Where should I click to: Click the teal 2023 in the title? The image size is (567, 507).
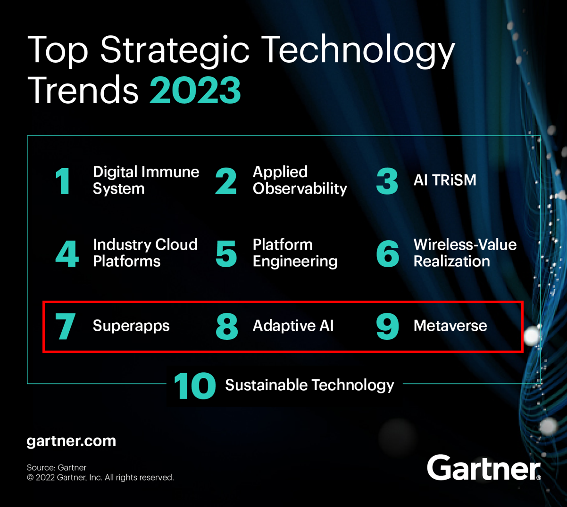(195, 90)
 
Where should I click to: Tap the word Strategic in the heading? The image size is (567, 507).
(175, 49)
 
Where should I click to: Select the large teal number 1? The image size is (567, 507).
(63, 181)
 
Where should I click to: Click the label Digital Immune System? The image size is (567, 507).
(145, 180)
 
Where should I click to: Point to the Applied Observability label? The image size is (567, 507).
(300, 180)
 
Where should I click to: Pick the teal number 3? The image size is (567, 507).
(387, 181)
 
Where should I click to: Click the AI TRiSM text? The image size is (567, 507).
(445, 180)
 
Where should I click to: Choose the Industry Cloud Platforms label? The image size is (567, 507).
(145, 253)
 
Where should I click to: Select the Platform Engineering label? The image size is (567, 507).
(295, 253)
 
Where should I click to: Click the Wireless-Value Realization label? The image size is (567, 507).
(465, 253)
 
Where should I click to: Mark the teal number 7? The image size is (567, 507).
(65, 326)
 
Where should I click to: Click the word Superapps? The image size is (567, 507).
(131, 326)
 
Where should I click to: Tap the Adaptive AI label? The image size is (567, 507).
(293, 326)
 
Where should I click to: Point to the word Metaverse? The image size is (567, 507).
(450, 326)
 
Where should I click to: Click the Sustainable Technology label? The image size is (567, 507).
(309, 385)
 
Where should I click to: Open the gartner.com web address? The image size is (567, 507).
(71, 441)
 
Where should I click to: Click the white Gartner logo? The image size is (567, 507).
(484, 468)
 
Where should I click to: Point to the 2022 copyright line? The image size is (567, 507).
(100, 478)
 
